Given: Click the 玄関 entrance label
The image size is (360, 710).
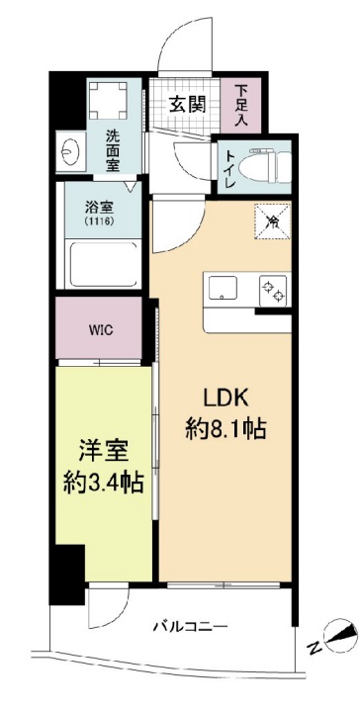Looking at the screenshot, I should click(184, 102).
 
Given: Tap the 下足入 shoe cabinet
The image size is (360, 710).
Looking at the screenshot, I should click(241, 105).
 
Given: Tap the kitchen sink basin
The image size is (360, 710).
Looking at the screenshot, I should click(222, 288).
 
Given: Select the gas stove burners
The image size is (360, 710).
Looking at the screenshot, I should click(271, 289).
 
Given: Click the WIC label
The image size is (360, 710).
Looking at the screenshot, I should click(100, 329).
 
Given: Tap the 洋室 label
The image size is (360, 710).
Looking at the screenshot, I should click(104, 451).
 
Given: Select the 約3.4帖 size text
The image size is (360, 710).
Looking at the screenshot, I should click(104, 485).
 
